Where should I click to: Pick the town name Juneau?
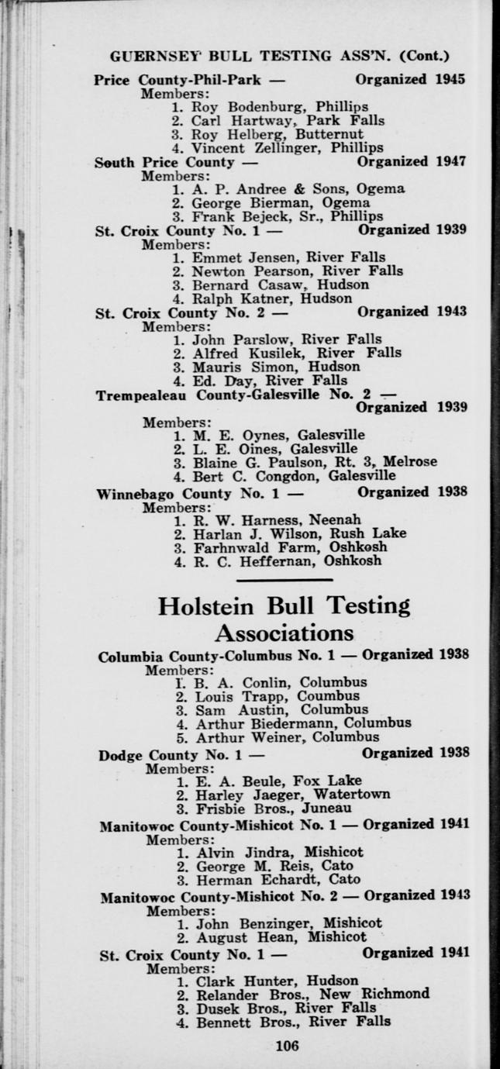pyautogui.click(x=312, y=808)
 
